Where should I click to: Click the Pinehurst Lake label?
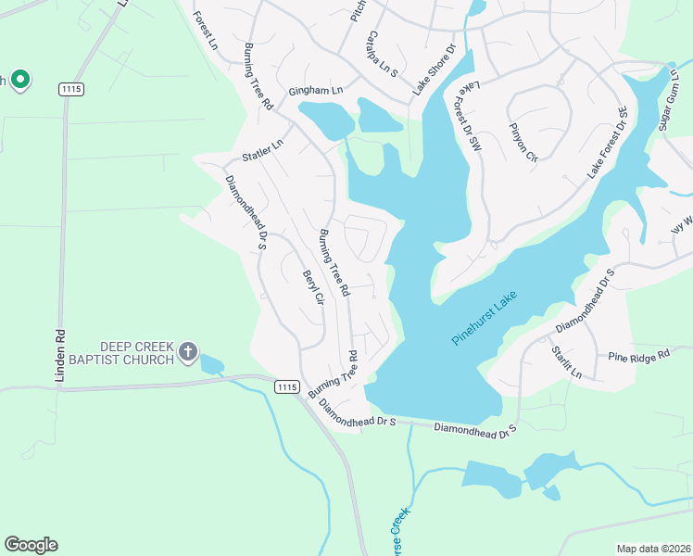[x=484, y=319]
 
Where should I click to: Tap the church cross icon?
[x=187, y=351]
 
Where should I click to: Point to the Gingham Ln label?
[x=315, y=91]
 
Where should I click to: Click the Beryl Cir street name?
[x=312, y=295]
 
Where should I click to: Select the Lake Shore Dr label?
[x=435, y=69]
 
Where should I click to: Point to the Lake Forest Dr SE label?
[x=608, y=143]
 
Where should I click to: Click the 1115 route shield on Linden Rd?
[x=70, y=88]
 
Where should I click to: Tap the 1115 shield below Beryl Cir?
[x=285, y=385]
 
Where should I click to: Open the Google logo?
[x=31, y=545]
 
